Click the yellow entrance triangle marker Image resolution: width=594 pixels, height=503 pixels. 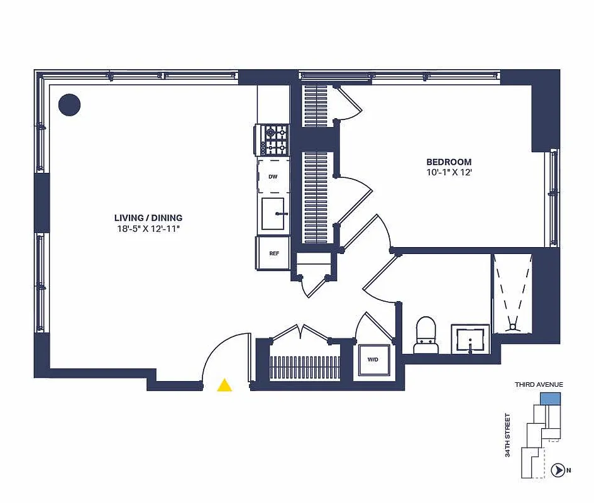tap(224, 385)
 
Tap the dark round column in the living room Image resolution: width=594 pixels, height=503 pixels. tap(69, 105)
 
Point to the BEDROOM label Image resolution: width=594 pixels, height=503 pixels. tap(449, 162)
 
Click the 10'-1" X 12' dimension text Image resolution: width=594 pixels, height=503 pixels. tap(449, 172)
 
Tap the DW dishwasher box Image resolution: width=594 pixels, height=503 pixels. tap(273, 177)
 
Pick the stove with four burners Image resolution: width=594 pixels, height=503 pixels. tap(273, 140)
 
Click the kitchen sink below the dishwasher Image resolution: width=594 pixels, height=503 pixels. tap(273, 214)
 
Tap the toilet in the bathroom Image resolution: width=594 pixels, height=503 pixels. tap(426, 334)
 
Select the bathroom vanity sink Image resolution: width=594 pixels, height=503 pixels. tap(470, 339)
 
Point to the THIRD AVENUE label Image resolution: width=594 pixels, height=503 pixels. tap(539, 384)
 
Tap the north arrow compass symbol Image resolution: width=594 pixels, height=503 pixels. tap(556, 469)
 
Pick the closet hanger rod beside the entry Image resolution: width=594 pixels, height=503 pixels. tap(304, 368)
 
